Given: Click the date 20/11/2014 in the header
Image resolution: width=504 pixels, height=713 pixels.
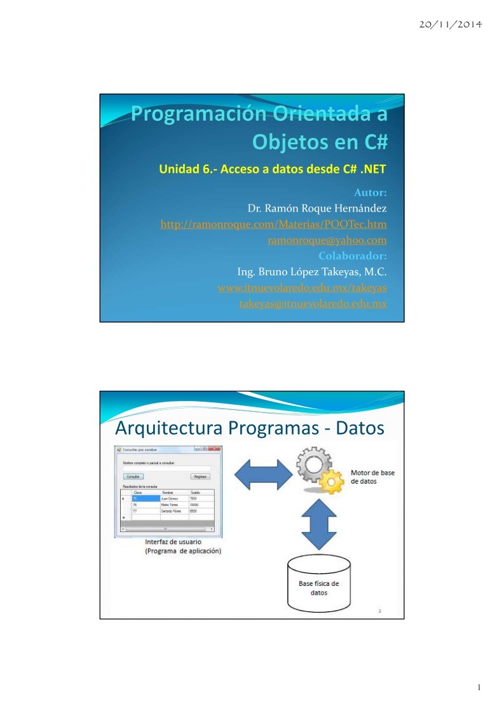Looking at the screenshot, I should pyautogui.click(x=451, y=25).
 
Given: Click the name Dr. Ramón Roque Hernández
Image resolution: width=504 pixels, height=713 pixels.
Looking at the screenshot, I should pyautogui.click(x=316, y=208).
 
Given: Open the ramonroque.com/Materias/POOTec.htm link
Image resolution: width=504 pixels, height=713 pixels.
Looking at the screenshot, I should pyautogui.click(x=273, y=224).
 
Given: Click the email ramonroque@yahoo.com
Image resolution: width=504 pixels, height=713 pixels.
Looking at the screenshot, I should pyautogui.click(x=327, y=240).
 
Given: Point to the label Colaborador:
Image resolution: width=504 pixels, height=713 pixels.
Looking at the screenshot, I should pyautogui.click(x=352, y=256).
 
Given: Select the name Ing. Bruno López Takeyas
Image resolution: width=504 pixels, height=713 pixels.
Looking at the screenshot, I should pyautogui.click(x=311, y=272).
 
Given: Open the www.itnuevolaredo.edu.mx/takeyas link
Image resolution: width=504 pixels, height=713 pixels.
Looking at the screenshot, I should pyautogui.click(x=302, y=288).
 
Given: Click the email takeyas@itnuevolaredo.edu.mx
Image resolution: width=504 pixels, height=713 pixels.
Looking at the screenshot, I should pyautogui.click(x=313, y=304).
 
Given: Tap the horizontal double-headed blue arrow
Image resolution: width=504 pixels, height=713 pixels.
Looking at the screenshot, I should pyautogui.click(x=262, y=473).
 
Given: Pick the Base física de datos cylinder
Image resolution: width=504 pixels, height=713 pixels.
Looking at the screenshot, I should pyautogui.click(x=319, y=583).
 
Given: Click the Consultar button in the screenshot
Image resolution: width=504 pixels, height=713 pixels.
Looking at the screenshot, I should pyautogui.click(x=133, y=476).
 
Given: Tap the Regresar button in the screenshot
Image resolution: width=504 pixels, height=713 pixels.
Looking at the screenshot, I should pyautogui.click(x=200, y=476).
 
